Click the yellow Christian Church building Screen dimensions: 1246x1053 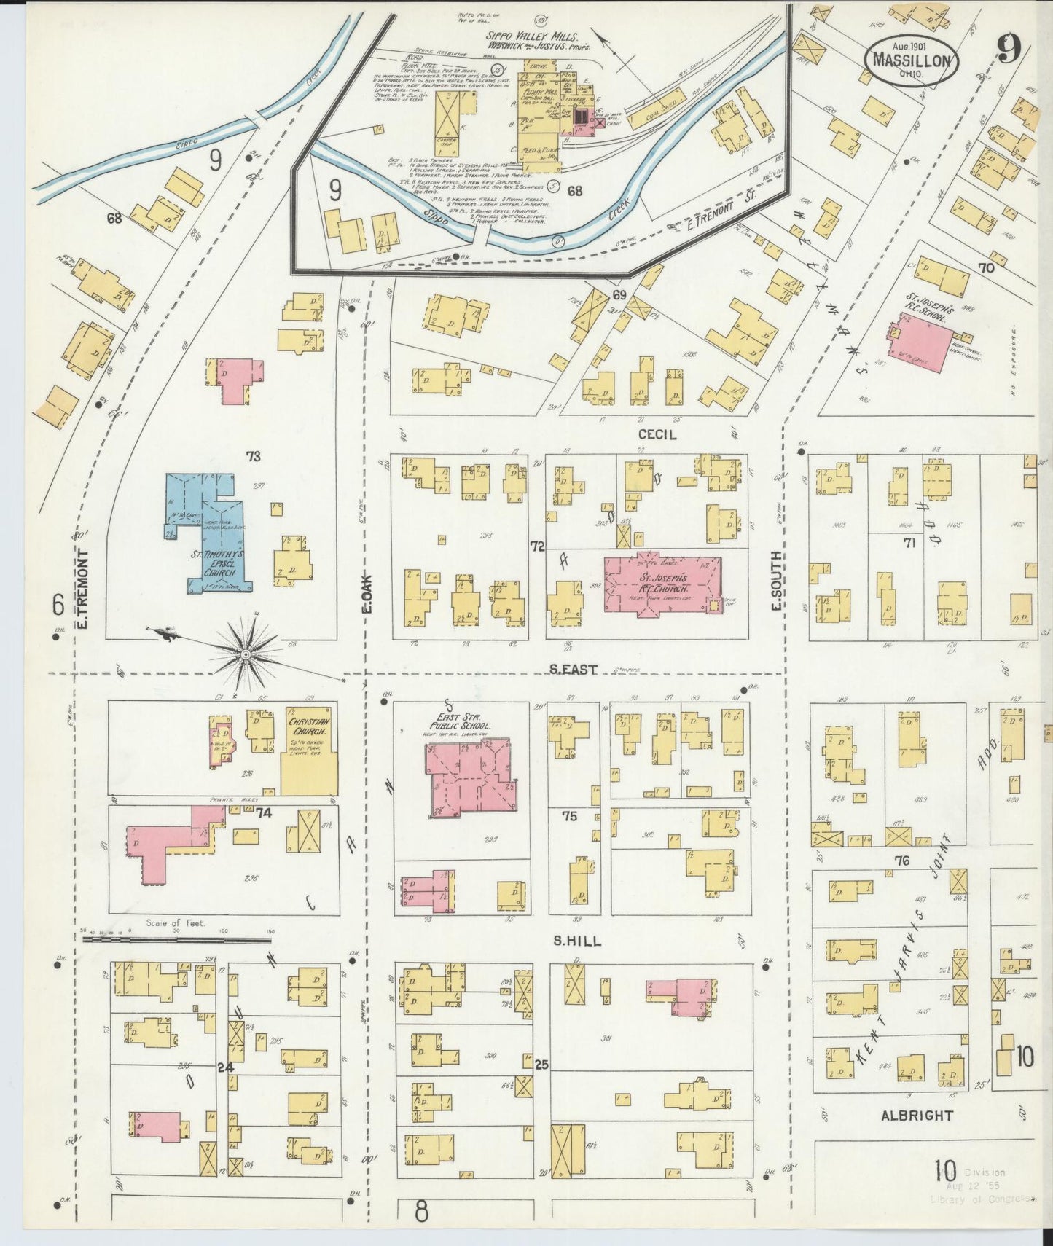pos(310,751)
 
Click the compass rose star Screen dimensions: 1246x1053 pos(246,655)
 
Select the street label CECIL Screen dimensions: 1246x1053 pos(657,435)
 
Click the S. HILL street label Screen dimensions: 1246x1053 pos(577,941)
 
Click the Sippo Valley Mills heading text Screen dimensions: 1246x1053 pos(533,36)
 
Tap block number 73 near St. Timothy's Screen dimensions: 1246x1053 pos(253,457)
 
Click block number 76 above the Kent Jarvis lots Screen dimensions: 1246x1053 pos(902,861)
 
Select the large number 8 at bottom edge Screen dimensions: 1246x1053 pos(422,1212)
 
